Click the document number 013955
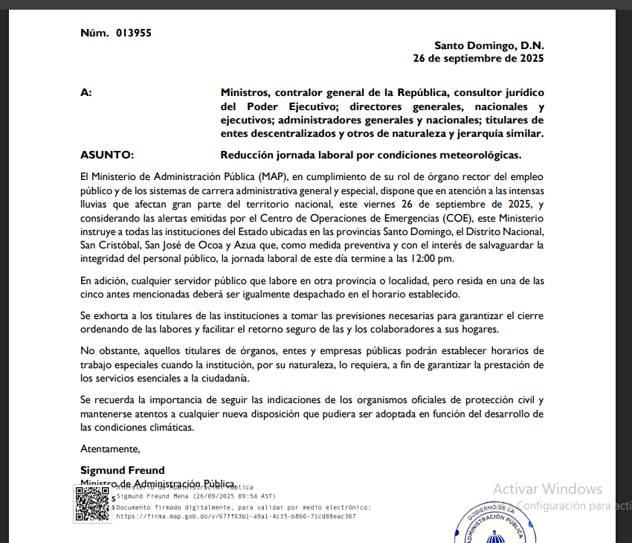click(x=134, y=33)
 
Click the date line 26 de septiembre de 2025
click(x=478, y=58)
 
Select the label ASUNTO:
click(x=106, y=155)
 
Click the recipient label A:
click(x=86, y=92)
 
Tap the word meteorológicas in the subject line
click(x=481, y=155)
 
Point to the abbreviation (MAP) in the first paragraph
click(x=272, y=176)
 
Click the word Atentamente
click(x=110, y=449)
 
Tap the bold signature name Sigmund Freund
click(x=123, y=470)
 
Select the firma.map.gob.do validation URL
click(x=236, y=515)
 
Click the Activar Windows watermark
click(x=547, y=489)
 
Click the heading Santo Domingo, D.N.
click(x=488, y=45)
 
